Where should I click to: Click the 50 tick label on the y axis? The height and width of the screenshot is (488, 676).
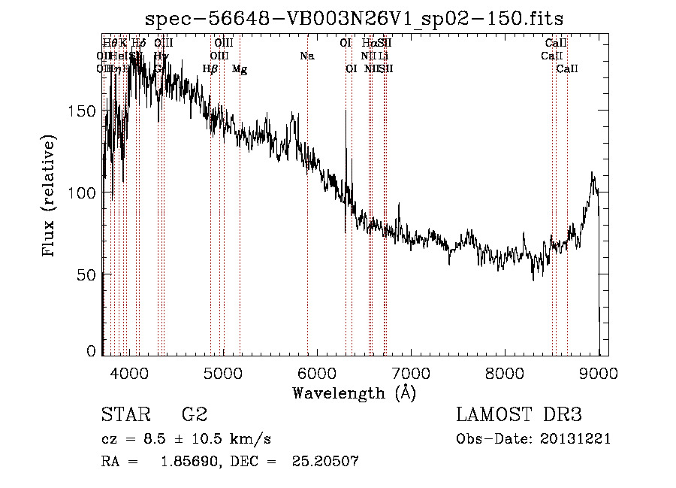click(87, 274)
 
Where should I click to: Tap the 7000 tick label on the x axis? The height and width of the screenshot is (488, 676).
click(411, 373)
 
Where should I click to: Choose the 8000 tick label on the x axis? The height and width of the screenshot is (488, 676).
click(505, 373)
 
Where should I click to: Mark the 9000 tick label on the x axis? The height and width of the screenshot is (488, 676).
click(599, 373)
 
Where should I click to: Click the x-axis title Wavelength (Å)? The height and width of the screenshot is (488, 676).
click(354, 393)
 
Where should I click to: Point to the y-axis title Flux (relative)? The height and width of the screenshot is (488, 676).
click(50, 197)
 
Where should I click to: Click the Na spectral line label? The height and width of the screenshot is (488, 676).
click(306, 56)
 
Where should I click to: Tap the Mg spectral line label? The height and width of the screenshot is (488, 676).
click(240, 69)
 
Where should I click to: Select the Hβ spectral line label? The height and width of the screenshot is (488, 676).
click(210, 69)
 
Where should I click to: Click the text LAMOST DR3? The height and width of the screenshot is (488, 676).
click(519, 415)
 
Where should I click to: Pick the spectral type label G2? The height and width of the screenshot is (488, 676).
click(195, 415)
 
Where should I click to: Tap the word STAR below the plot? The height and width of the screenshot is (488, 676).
click(125, 415)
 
